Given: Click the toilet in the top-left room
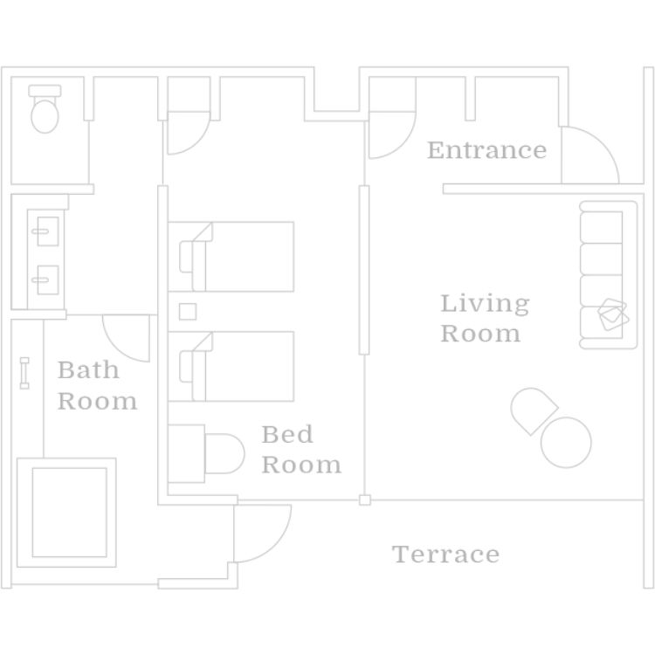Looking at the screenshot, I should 45,110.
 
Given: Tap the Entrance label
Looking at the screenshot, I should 486,150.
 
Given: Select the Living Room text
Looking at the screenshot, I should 484,319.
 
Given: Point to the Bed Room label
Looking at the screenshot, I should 300,449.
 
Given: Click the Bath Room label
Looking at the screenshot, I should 97,385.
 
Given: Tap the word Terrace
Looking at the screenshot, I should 445,555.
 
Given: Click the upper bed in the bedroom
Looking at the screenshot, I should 237,256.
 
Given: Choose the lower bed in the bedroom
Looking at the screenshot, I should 237,366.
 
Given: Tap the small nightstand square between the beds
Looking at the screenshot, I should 187,311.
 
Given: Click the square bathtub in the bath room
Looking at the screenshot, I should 68,513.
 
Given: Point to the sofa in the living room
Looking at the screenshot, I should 608,275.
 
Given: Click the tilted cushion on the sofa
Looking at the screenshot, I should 612,314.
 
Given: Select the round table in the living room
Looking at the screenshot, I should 566,442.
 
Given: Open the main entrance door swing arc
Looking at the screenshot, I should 589,155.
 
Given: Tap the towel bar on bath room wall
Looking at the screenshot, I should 24,372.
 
